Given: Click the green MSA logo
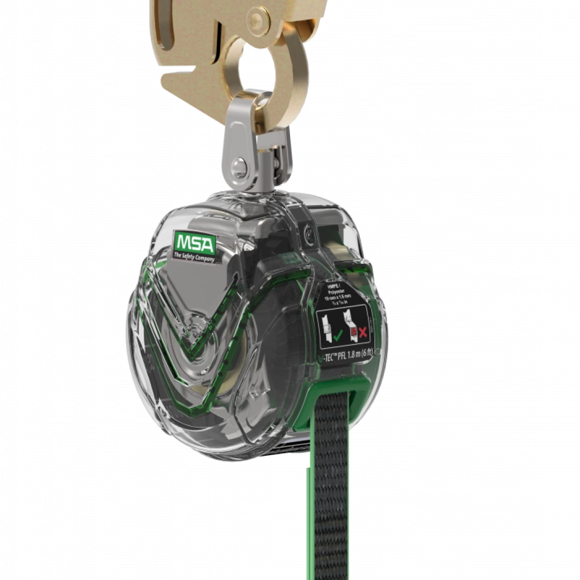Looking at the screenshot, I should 194,245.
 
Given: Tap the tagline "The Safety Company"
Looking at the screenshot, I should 194,258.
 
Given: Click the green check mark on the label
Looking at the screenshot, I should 338,337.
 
